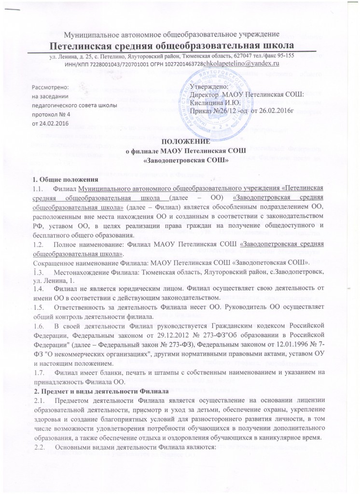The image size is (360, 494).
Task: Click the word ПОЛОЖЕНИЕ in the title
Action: (179, 142)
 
